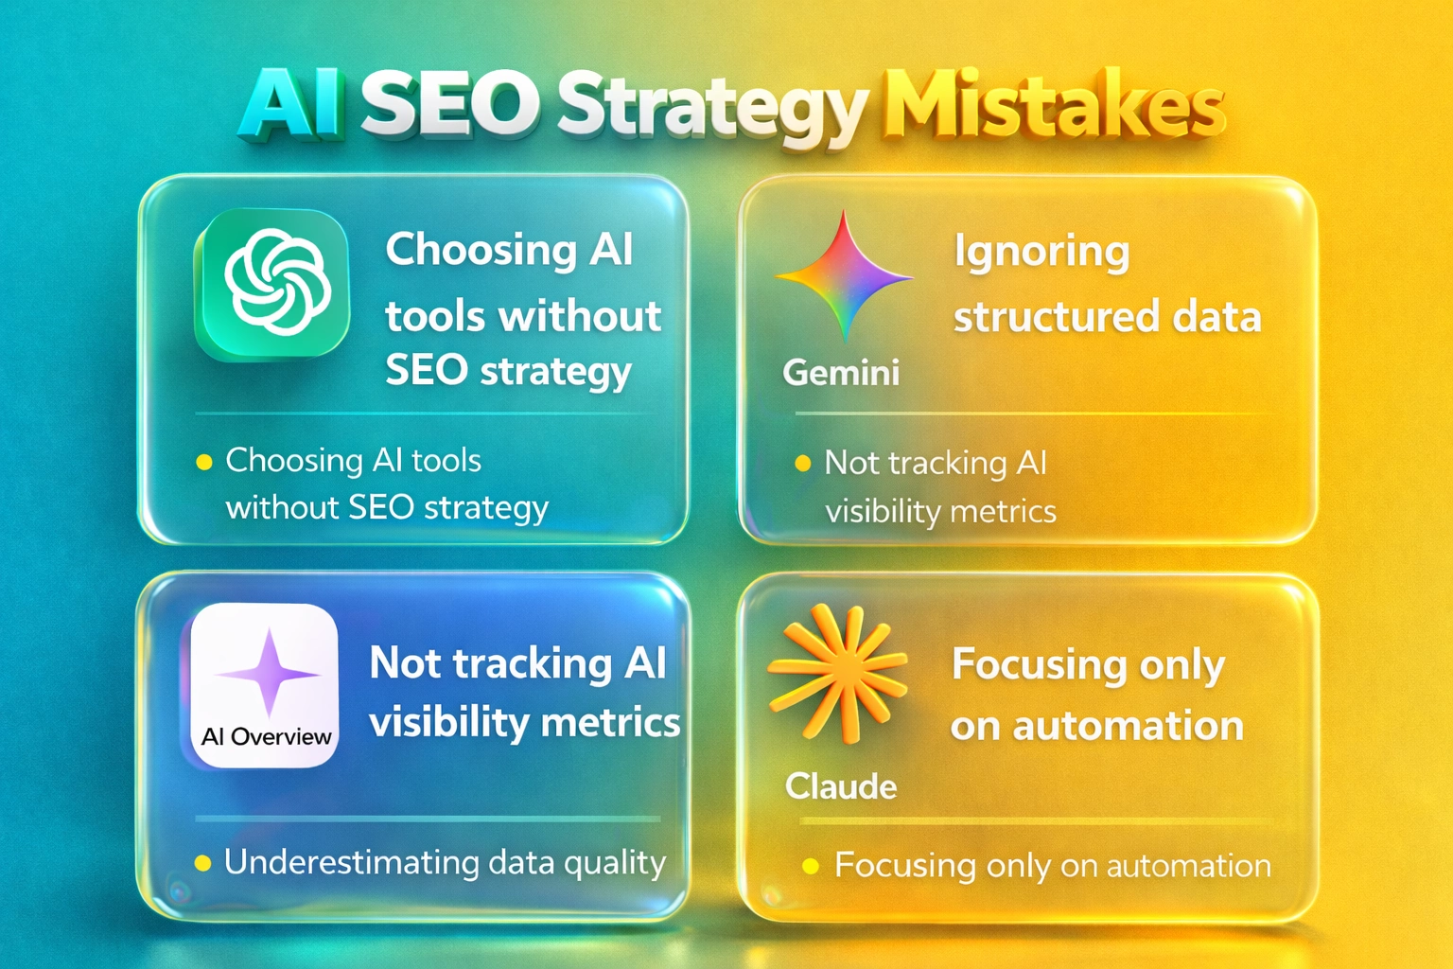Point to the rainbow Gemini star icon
[x=844, y=276]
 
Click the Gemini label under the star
[x=841, y=373]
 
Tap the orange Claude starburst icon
[x=836, y=672]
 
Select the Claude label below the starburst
[x=841, y=786]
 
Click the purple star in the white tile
[x=269, y=673]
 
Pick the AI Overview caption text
[x=266, y=737]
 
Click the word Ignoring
[x=1042, y=252]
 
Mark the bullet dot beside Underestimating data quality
[x=202, y=863]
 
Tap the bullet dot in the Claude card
[x=810, y=866]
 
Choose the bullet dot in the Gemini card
[x=803, y=464]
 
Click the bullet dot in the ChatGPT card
[x=203, y=463]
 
